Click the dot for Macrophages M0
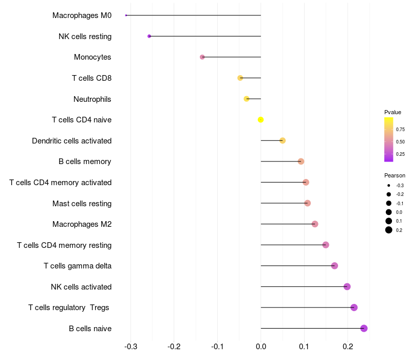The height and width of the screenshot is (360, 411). (126, 15)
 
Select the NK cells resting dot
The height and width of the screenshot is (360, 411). (149, 36)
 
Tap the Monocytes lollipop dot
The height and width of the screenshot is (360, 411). (202, 57)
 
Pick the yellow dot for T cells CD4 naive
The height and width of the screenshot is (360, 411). (261, 120)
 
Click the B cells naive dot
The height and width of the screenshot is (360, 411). (364, 328)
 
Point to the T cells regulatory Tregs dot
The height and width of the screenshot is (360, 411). (354, 308)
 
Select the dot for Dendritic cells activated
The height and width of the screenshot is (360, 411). (283, 140)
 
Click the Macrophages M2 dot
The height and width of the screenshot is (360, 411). (315, 224)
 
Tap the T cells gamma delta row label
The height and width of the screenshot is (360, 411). (78, 266)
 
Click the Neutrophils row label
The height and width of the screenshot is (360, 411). (92, 99)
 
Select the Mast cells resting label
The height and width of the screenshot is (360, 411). (82, 203)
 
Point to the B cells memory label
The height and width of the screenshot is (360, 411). (85, 161)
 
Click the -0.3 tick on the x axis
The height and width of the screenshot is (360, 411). (130, 347)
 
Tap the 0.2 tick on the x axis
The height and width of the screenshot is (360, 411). (348, 347)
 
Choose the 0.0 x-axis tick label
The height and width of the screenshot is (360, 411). (261, 347)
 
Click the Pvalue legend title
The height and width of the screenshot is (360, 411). (393, 112)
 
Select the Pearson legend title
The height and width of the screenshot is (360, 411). (395, 175)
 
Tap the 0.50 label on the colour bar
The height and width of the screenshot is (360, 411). (400, 141)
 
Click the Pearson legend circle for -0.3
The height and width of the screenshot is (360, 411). (389, 185)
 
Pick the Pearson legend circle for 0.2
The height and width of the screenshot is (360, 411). (389, 230)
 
